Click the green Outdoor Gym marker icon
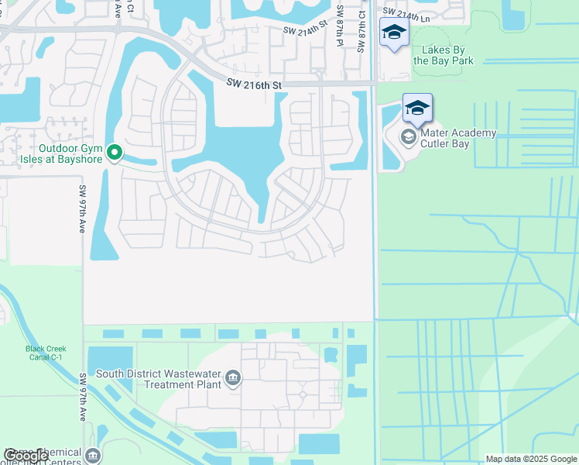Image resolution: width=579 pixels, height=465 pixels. (x=115, y=153)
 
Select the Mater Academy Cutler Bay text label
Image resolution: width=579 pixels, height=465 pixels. (x=457, y=139)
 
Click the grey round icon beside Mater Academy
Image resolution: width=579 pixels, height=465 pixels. (x=408, y=138)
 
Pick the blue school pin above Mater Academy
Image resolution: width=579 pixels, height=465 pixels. (x=417, y=108)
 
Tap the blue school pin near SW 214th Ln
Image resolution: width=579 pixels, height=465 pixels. (x=394, y=33)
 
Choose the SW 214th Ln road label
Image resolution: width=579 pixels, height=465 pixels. (x=405, y=13)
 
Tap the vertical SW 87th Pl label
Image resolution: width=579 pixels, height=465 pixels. (x=340, y=28)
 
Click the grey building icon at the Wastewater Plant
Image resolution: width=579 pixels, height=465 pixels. (x=232, y=379)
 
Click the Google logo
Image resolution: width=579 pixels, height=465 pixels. (x=26, y=456)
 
